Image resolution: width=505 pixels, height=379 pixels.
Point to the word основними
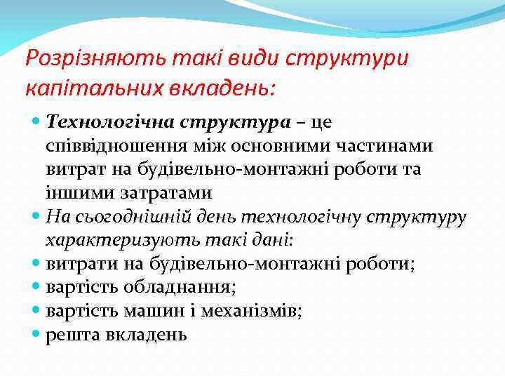(269, 145)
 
